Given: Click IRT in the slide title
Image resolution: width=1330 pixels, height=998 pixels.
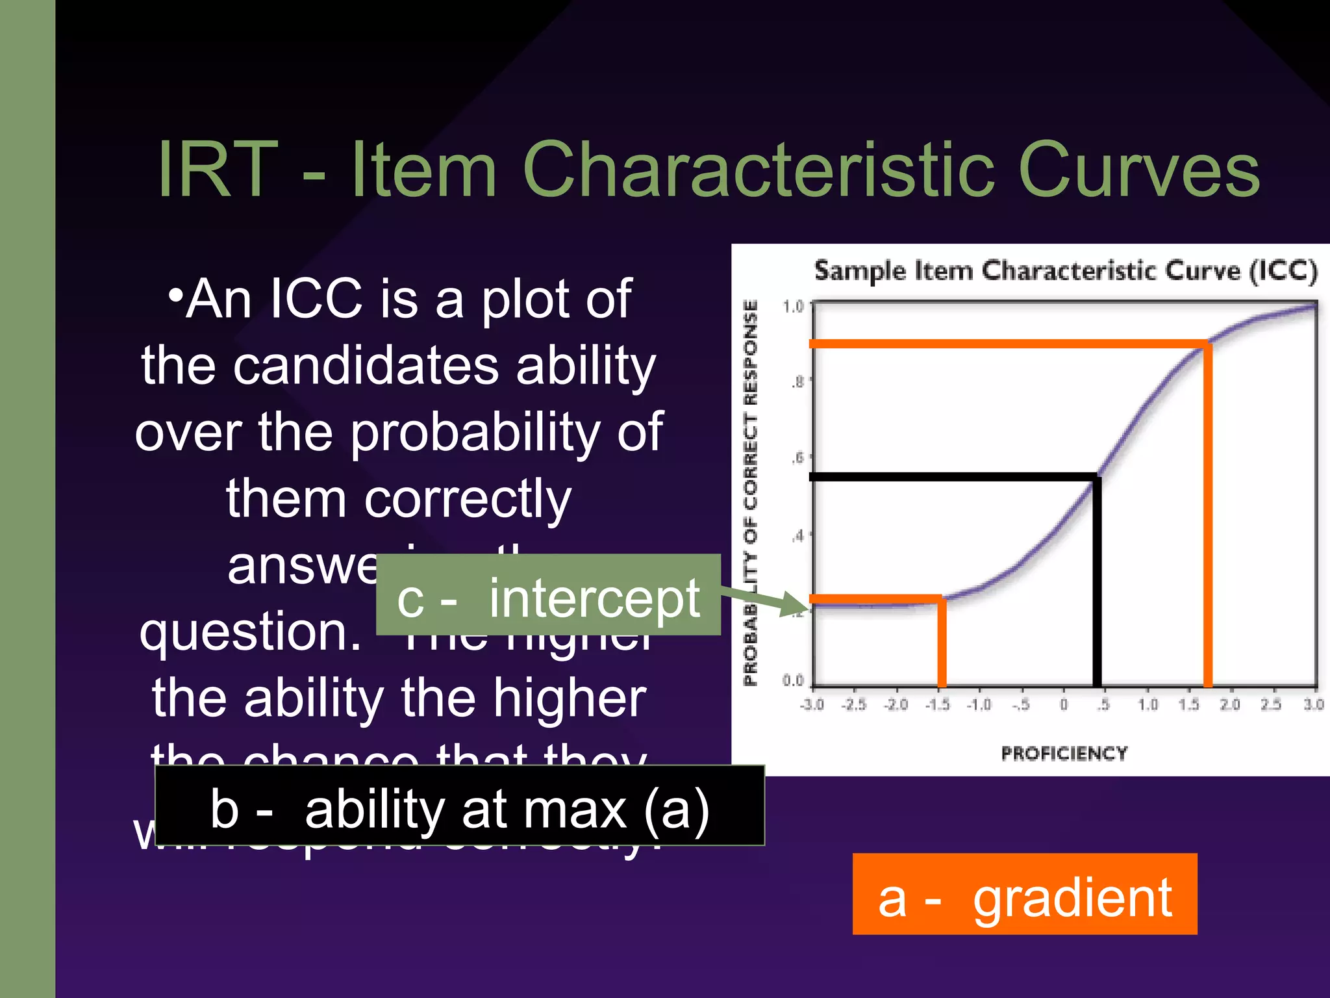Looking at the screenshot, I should [218, 170].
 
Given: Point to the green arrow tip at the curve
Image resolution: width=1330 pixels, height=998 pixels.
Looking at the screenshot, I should [803, 609].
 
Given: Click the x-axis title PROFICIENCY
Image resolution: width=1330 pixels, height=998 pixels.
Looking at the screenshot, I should [1064, 753].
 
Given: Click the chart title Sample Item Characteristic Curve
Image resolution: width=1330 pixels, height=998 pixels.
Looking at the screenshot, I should [1065, 270].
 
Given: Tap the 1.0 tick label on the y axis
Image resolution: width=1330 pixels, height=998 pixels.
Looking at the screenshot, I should [793, 306].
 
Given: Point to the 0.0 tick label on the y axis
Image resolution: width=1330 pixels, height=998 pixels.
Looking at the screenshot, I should [793, 680].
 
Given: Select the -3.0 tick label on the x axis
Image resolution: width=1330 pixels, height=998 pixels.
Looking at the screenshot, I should [812, 704].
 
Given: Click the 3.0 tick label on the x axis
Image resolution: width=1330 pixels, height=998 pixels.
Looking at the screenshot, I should [1313, 704].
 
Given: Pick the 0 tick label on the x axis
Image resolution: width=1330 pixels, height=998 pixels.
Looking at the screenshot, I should [1063, 704].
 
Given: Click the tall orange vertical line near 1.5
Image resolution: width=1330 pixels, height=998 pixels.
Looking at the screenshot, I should [1208, 520].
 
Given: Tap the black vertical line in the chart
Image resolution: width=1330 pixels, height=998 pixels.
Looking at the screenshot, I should [1097, 585].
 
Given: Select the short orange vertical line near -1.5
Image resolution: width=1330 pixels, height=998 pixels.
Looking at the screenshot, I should [942, 643].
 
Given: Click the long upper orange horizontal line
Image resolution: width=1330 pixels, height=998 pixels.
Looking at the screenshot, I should [1007, 343].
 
